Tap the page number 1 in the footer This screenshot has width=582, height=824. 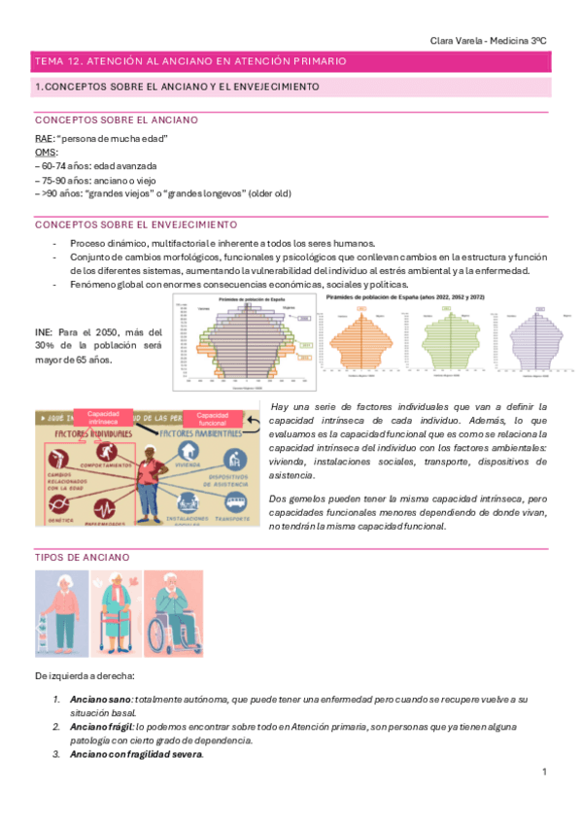pyautogui.click(x=545, y=772)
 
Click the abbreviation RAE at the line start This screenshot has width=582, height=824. pyautogui.click(x=43, y=139)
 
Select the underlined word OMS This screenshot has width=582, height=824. pyautogui.click(x=44, y=153)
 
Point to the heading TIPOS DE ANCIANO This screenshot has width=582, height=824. pyautogui.click(x=77, y=557)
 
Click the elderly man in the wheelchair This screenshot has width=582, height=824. pyautogui.click(x=174, y=614)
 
